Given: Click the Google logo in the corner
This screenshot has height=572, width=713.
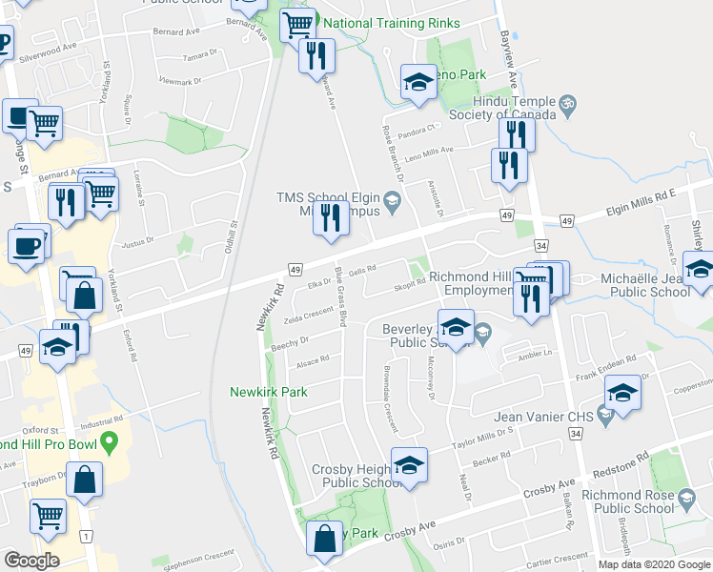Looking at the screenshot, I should pyautogui.click(x=31, y=561).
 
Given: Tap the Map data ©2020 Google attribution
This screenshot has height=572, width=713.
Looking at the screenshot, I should pyautogui.click(x=653, y=564).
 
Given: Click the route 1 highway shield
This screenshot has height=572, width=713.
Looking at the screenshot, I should pyautogui.click(x=87, y=538).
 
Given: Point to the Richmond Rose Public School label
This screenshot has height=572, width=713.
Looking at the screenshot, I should pyautogui.click(x=628, y=502).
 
